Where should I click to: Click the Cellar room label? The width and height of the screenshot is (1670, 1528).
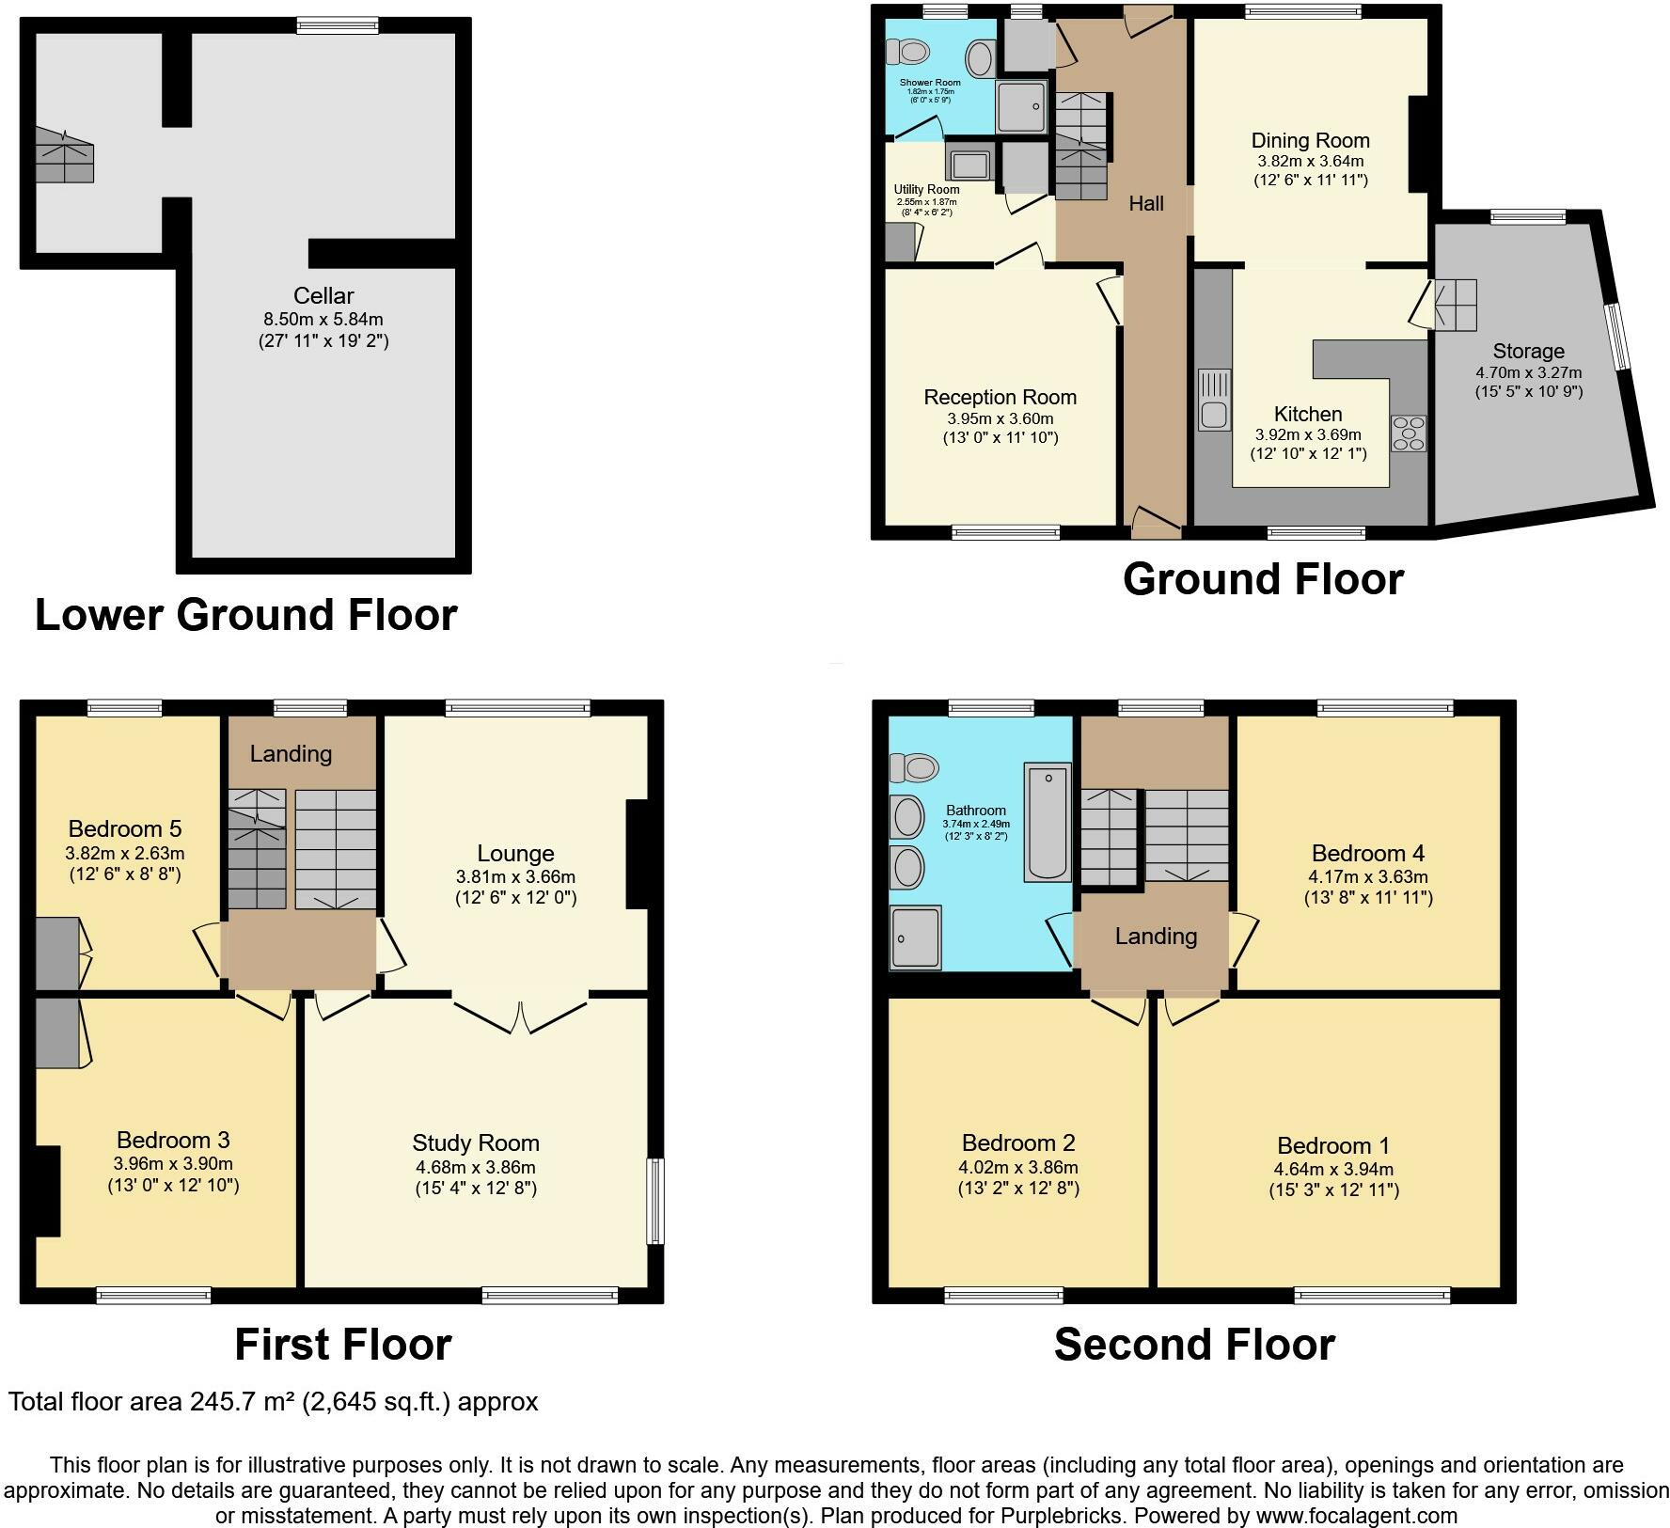323,295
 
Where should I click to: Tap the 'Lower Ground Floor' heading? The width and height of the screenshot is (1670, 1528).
246,614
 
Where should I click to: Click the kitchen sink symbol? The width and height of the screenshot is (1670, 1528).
1214,400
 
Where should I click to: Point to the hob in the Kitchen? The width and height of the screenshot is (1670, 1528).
1409,433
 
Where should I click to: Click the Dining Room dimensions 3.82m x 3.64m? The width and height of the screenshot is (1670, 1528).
1311,161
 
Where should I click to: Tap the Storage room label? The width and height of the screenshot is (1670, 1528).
1528,351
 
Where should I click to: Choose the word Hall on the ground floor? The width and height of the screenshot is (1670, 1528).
1146,203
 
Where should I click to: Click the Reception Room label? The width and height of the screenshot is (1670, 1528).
1000,397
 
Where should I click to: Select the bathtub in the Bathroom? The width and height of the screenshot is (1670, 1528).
1048,821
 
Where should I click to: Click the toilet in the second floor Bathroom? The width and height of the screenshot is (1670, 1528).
913,767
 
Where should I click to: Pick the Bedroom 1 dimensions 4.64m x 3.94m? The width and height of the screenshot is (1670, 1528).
1333,1170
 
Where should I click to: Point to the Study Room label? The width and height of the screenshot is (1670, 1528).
476,1142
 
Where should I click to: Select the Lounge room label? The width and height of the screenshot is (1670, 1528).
515,853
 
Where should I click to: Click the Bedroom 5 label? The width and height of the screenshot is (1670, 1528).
125,828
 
